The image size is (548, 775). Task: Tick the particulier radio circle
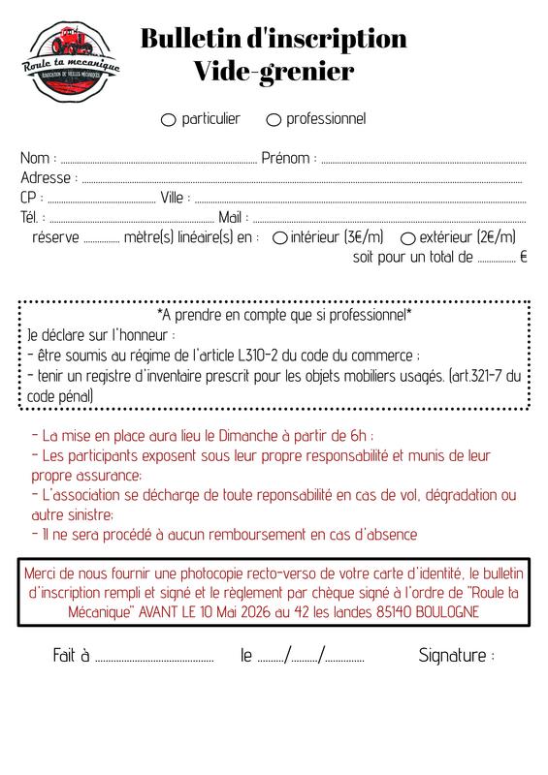[x=168, y=120]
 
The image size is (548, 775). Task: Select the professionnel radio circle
[x=274, y=120]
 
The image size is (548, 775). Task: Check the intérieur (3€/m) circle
[x=280, y=237]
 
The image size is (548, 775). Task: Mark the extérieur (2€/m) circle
[x=408, y=237]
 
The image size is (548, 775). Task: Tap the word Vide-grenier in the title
[x=274, y=70]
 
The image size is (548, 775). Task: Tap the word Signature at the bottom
[x=452, y=656]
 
